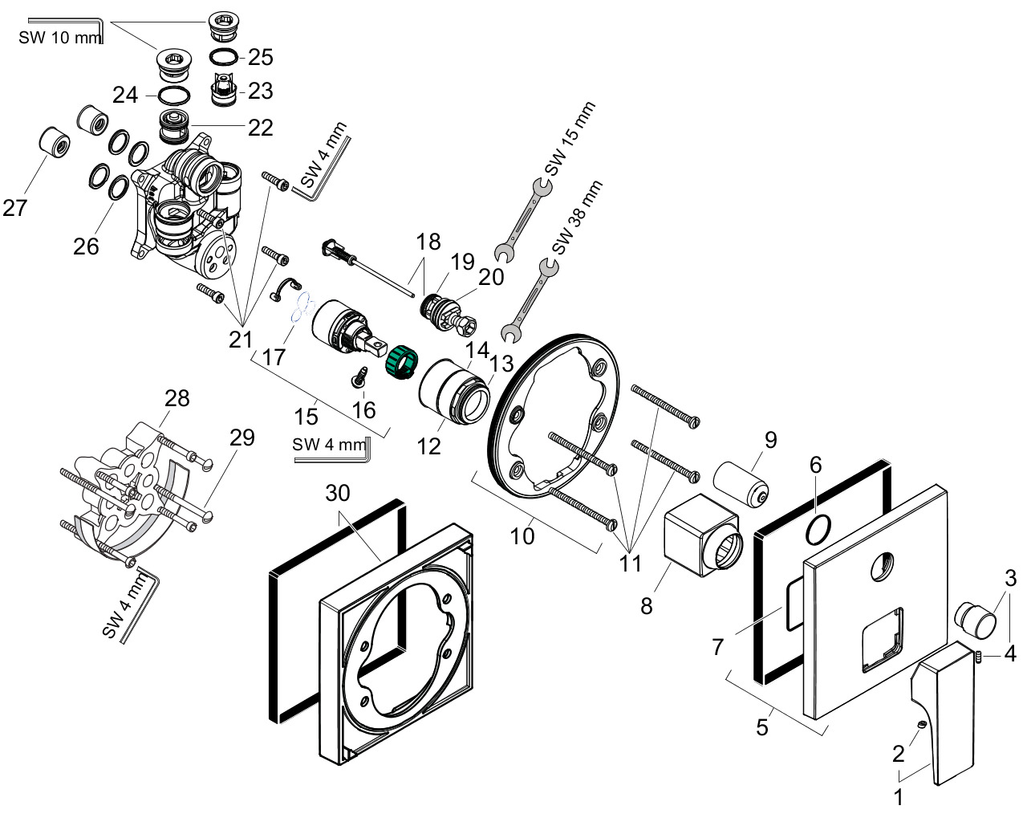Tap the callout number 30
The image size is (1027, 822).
[x=338, y=493]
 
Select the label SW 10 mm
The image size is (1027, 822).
[x=59, y=38]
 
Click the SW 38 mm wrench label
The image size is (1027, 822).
[x=577, y=218]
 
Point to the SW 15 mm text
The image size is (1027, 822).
[x=570, y=139]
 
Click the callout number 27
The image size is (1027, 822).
[x=14, y=208]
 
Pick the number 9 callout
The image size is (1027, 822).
[x=770, y=440]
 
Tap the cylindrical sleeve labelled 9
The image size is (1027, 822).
[x=741, y=484]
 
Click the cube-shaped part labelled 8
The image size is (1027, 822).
[x=703, y=535]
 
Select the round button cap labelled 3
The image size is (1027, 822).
[x=976, y=620]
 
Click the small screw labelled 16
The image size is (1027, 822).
[x=359, y=376]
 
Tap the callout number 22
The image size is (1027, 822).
[x=260, y=128]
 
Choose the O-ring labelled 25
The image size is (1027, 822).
[x=224, y=57]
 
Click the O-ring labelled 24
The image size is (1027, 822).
[x=174, y=96]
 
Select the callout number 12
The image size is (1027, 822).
[x=428, y=446]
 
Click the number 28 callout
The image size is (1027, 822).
[x=177, y=398]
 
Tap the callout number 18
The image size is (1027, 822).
[x=428, y=242]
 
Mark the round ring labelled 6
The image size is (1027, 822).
[x=818, y=529]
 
